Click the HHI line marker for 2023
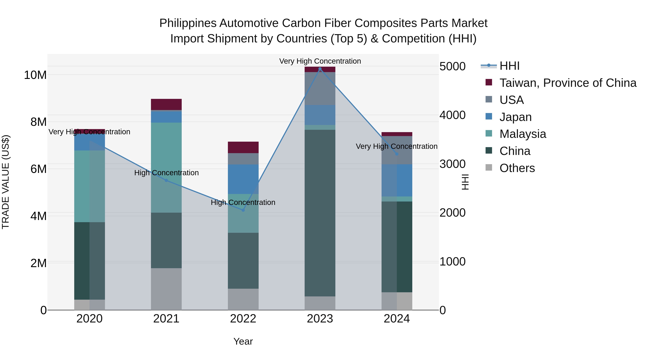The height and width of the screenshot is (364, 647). pos(320,69)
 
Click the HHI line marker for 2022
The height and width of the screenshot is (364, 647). pos(243,210)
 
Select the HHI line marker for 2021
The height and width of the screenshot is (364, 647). pos(166,180)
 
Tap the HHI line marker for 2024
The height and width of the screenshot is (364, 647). pos(397,154)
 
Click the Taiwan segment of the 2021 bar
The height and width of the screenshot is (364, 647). pos(166,104)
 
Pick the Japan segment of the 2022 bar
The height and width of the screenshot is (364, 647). pos(243,179)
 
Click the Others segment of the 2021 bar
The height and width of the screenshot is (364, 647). pos(166,289)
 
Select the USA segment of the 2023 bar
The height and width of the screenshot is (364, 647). pos(320,88)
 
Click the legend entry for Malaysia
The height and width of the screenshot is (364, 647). pos(522,134)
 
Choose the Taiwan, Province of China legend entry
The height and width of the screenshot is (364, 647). pos(568,83)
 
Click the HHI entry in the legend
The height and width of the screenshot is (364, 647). pos(509,66)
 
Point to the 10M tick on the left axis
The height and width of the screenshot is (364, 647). pos(35,75)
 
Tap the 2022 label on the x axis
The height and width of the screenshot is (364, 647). pos(243,319)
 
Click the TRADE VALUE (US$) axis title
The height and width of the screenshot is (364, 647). pos(6,182)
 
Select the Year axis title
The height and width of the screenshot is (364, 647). pos(243,341)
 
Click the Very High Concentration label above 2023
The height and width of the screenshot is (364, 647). pos(320,61)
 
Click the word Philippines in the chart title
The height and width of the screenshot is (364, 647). pos(188,23)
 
